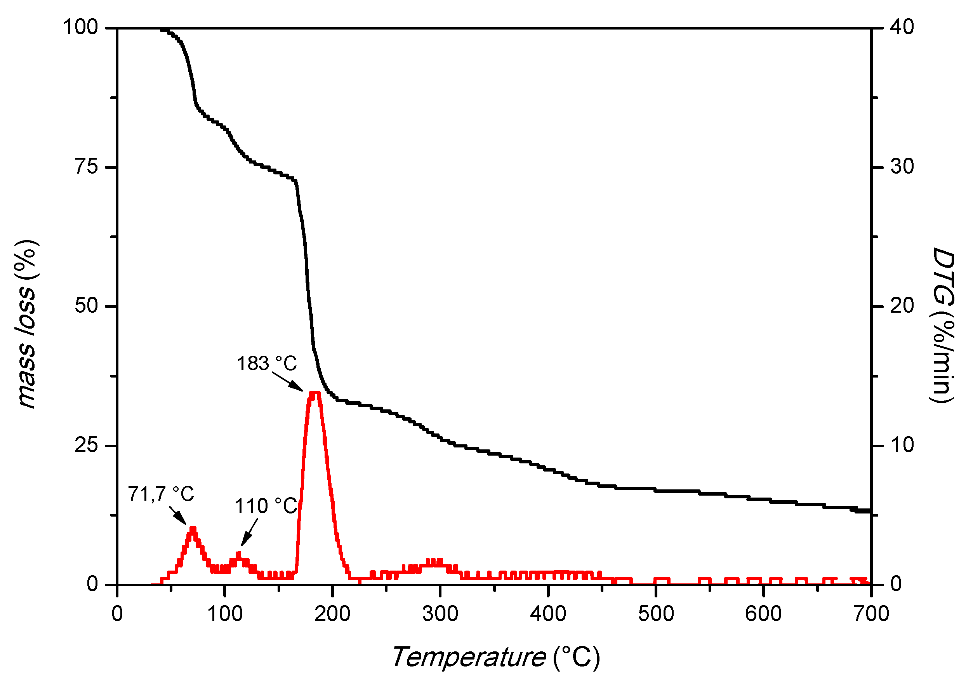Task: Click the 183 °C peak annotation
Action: click(x=267, y=364)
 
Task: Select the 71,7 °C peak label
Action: click(x=161, y=494)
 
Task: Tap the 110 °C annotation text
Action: click(x=266, y=506)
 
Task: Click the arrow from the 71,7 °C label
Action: click(x=177, y=515)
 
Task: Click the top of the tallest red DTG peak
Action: click(x=315, y=393)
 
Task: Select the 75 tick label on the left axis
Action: click(x=87, y=167)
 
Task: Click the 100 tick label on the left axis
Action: click(x=80, y=28)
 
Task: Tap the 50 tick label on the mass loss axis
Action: click(x=87, y=306)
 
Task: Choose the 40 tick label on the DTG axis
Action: click(x=902, y=28)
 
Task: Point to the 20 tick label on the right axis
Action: click(x=902, y=306)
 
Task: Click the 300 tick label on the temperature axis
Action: click(x=440, y=614)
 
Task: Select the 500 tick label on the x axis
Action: click(x=655, y=614)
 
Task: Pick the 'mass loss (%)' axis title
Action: click(x=26, y=324)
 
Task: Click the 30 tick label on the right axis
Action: click(x=902, y=167)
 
